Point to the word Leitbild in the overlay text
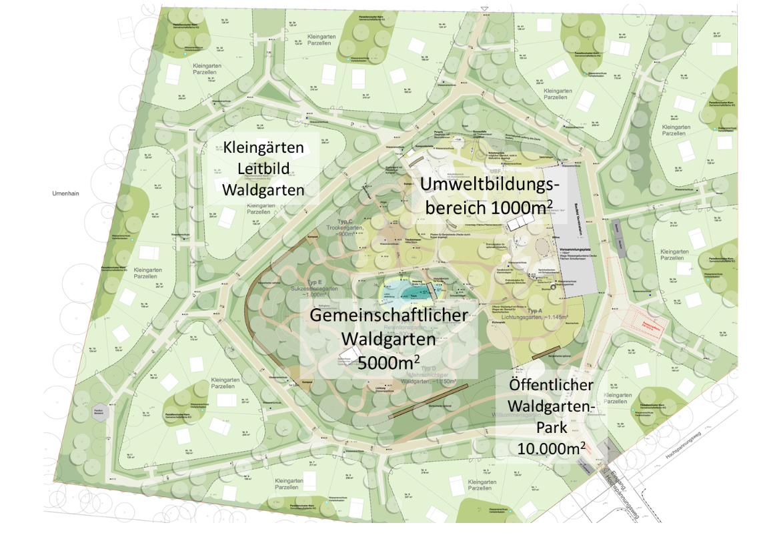coord(262,169)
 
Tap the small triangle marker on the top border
coord(485,9)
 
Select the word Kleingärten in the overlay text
coord(262,148)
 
